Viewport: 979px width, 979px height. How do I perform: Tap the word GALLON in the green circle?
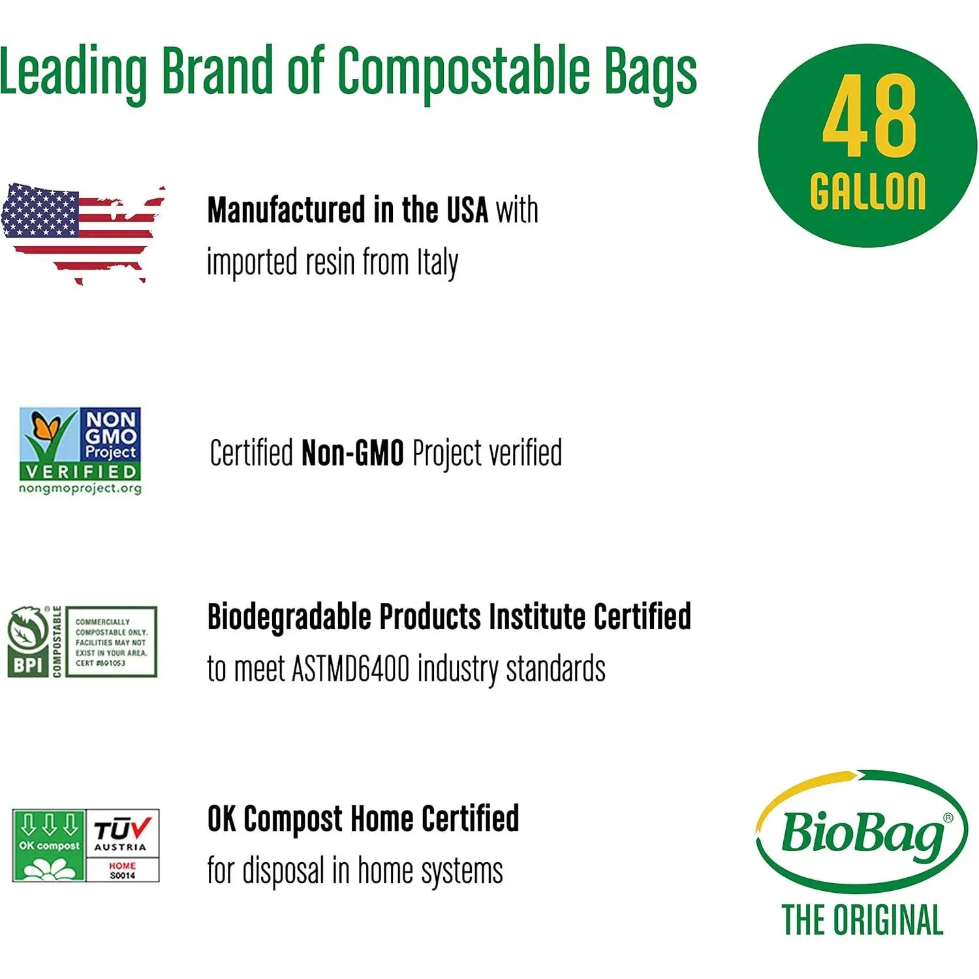click(868, 191)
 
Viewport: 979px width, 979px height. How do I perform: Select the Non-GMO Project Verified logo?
click(80, 450)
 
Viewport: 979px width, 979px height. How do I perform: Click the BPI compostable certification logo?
click(82, 642)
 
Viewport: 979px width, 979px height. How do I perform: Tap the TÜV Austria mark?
click(123, 846)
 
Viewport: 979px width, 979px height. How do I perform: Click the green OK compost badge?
click(49, 846)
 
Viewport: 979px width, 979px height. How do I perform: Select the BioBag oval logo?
click(862, 832)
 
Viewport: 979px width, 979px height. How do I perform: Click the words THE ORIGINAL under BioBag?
click(862, 920)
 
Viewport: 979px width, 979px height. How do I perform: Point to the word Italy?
click(437, 263)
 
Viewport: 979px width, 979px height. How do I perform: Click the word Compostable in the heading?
click(465, 70)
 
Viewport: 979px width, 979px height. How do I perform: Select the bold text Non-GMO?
click(352, 453)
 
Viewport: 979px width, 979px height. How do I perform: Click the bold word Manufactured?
click(287, 210)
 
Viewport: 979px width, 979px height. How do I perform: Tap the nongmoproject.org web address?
click(80, 488)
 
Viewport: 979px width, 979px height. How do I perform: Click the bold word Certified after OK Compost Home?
click(470, 818)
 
